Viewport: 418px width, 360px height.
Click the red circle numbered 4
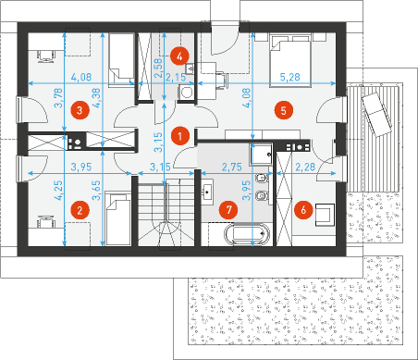coord(179,56)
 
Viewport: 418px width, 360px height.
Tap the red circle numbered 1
coord(179,136)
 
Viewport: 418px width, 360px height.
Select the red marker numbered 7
coord(228,210)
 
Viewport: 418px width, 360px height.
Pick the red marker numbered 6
coord(303,210)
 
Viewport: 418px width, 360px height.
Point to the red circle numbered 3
coord(80,110)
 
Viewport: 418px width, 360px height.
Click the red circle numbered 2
coord(80,210)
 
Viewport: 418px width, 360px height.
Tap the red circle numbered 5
coord(284,110)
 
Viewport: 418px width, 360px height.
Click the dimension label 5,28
coord(289,77)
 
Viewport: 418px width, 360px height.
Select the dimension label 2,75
coord(232,167)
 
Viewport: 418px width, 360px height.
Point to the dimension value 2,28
coord(305,167)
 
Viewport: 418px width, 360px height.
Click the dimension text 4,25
coord(58,191)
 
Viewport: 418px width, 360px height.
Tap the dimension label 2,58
coord(158,68)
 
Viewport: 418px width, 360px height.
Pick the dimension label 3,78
coord(58,98)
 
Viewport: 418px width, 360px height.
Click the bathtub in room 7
coord(248,234)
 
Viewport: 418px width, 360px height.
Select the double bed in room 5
coord(289,61)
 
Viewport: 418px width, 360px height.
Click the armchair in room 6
coord(325,215)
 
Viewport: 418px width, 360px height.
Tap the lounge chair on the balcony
coord(376,114)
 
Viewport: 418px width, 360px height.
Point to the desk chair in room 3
coord(46,56)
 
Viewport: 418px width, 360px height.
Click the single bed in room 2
coord(118,218)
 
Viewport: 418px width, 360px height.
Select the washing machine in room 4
coord(186,92)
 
